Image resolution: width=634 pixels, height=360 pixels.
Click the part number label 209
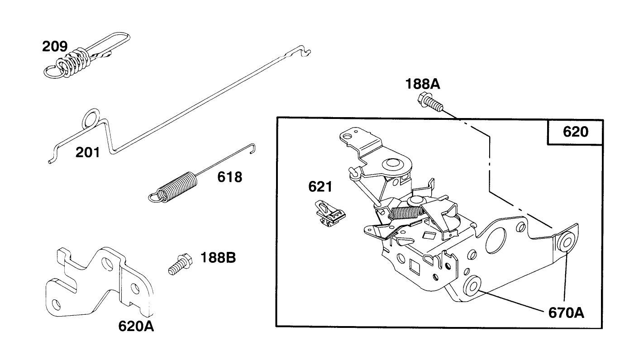pyautogui.click(x=55, y=46)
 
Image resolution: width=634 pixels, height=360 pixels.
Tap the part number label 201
pyautogui.click(x=87, y=152)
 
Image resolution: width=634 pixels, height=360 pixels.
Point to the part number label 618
pyautogui.click(x=229, y=177)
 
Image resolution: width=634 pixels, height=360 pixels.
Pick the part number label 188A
pyautogui.click(x=423, y=85)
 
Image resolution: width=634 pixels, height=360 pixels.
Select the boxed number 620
pyautogui.click(x=575, y=132)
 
